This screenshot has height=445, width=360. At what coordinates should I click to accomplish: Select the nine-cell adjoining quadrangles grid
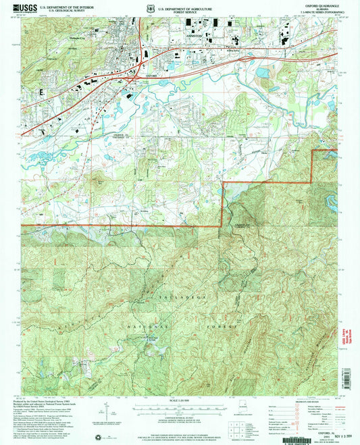(237, 428)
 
